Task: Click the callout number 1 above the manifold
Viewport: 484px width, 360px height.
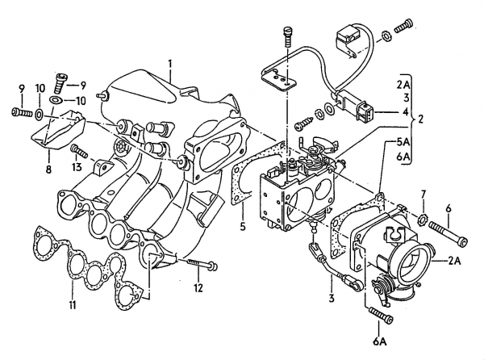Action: point(170,63)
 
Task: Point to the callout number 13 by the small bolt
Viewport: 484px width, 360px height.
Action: point(76,166)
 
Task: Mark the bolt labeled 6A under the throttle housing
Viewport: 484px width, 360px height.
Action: point(374,312)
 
